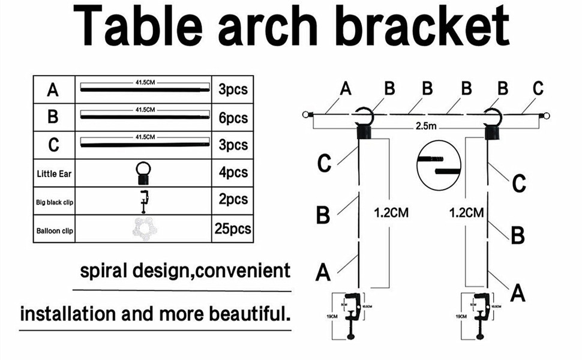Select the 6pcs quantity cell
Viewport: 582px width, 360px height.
(233, 117)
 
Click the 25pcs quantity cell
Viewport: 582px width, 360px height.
(233, 229)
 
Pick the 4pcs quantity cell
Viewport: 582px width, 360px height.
(233, 173)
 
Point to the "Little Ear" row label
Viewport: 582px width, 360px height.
(53, 173)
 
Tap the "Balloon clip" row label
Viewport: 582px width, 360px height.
(53, 229)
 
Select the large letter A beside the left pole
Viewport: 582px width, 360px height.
(323, 272)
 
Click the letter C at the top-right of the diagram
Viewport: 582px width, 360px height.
(537, 88)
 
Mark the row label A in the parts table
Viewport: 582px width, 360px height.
(53, 90)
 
